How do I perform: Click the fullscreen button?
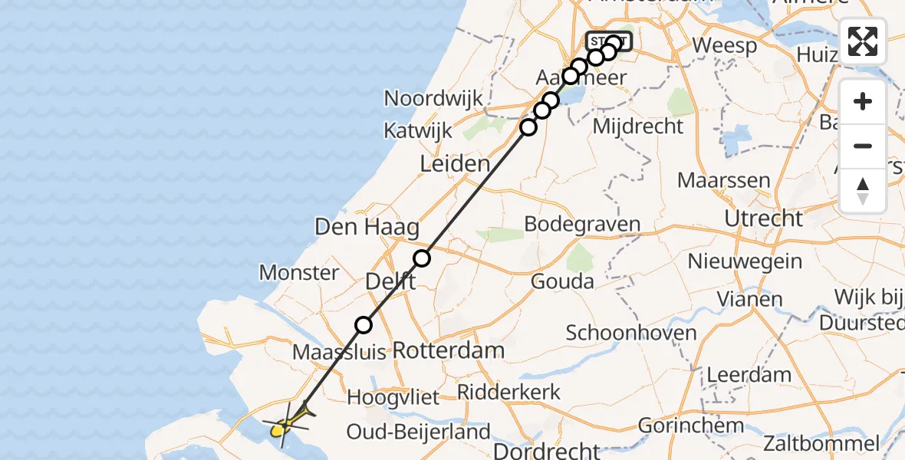tap(863, 41)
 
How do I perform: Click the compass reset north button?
tap(863, 191)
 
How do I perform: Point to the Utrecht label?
tap(763, 219)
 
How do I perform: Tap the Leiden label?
tap(454, 163)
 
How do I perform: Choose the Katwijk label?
tap(418, 131)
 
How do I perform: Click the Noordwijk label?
tap(433, 98)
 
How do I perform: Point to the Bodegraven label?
tap(582, 224)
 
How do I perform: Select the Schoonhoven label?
tap(631, 333)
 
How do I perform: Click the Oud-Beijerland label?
tap(418, 432)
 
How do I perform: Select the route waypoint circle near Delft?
tap(422, 258)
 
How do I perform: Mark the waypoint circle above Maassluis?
tap(364, 325)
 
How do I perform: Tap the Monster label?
tap(298, 272)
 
